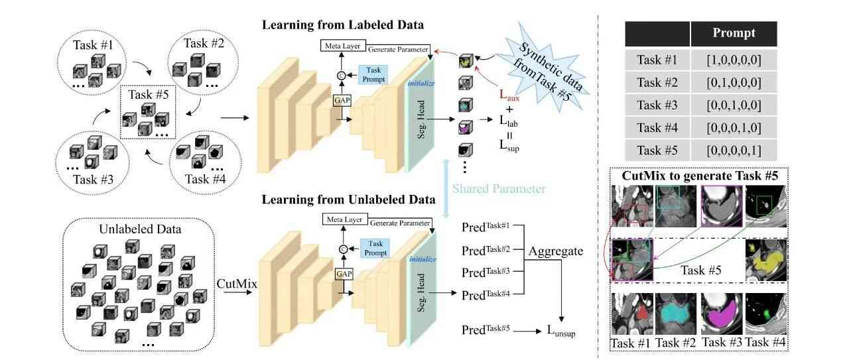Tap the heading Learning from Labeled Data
pyautogui.click(x=343, y=26)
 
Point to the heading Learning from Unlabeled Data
pyautogui.click(x=348, y=199)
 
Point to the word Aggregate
pyautogui.click(x=555, y=252)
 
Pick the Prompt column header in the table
pyautogui.click(x=734, y=33)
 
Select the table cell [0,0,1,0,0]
pyautogui.click(x=734, y=105)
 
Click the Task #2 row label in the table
pyautogui.click(x=657, y=83)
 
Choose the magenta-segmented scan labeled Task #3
pyautogui.click(x=719, y=312)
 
